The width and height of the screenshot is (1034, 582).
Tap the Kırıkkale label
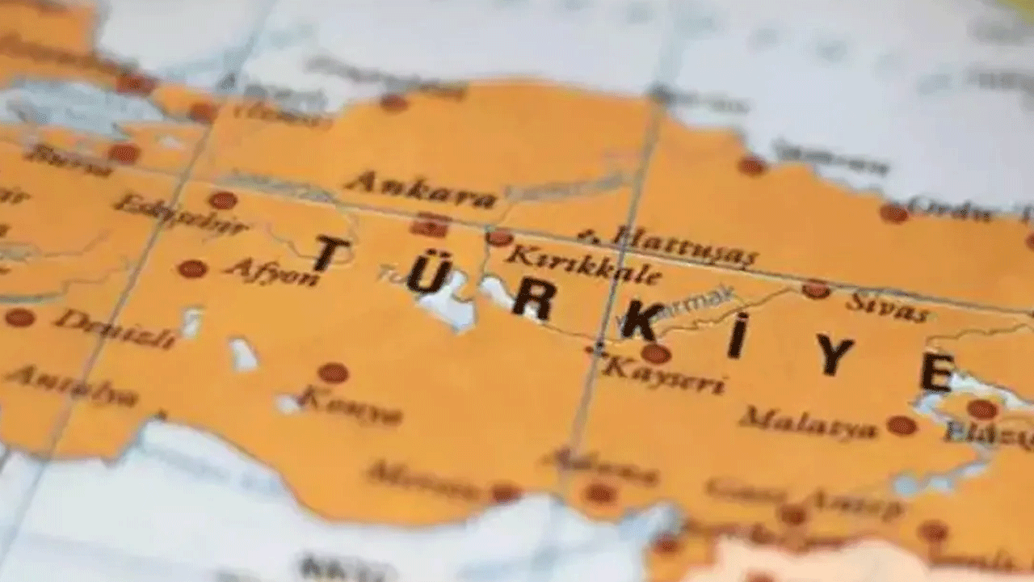(x=582, y=265)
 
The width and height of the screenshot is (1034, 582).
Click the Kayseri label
(x=663, y=375)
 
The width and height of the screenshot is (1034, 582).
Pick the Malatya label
(x=808, y=423)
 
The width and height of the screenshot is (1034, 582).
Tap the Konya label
(x=351, y=407)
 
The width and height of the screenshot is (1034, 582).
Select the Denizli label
(x=115, y=328)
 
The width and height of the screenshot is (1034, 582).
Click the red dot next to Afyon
(x=192, y=268)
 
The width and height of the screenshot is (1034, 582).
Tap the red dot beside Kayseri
(x=655, y=353)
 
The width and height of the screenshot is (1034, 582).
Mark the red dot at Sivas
(x=816, y=289)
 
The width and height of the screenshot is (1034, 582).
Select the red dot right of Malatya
(x=902, y=425)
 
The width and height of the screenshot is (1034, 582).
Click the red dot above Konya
(x=333, y=373)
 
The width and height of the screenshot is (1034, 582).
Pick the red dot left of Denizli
(x=19, y=318)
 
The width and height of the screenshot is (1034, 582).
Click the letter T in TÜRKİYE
(x=331, y=253)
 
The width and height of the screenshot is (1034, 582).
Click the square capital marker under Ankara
(x=430, y=226)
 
